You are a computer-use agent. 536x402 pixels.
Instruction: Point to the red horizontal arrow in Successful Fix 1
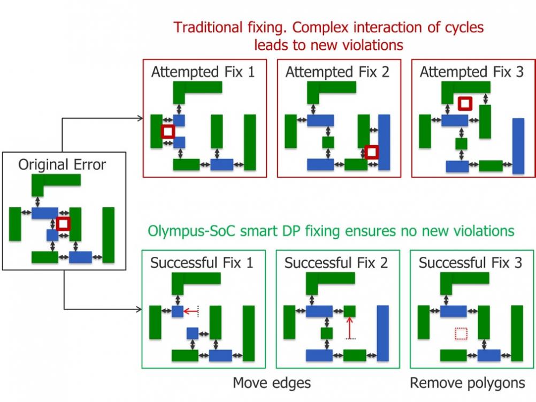[x=191, y=312]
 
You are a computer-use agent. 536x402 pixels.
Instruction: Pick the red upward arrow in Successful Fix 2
[x=349, y=328]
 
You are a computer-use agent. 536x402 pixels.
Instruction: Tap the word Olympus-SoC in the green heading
[x=192, y=231]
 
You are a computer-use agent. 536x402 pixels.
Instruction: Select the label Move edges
[x=272, y=383]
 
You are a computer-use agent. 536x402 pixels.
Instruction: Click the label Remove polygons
[x=468, y=383]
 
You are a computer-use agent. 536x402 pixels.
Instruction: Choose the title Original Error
[x=62, y=164]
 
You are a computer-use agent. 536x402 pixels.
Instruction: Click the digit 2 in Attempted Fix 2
[x=385, y=72]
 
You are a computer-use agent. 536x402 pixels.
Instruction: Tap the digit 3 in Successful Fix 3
[x=518, y=263]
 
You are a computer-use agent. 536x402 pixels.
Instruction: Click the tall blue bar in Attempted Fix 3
[x=518, y=146]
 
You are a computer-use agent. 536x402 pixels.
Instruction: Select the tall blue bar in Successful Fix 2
[x=383, y=333]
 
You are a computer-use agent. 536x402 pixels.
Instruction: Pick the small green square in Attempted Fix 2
[x=328, y=142]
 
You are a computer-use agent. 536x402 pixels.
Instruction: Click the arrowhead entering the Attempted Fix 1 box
[x=140, y=118]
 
